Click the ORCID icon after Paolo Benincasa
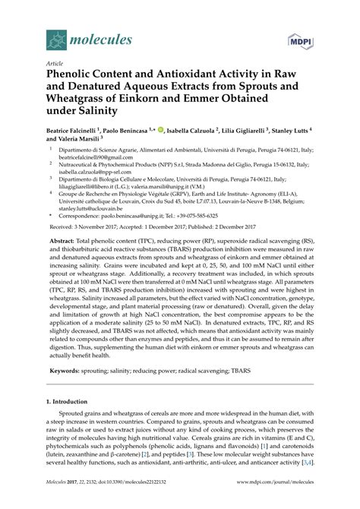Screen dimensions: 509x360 pyautogui.click(x=168, y=130)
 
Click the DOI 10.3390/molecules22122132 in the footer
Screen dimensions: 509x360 pyautogui.click(x=144, y=491)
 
